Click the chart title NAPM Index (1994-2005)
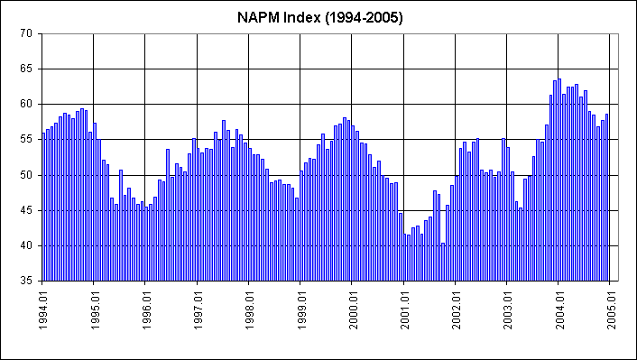point(318,17)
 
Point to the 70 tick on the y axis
point(25,33)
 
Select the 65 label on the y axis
point(25,69)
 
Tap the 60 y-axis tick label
point(25,104)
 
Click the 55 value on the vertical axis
point(25,139)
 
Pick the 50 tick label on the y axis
point(25,174)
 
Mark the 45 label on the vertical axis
point(25,209)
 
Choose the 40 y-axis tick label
point(25,245)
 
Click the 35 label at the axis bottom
point(25,281)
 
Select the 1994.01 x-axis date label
point(42,312)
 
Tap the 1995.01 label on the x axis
point(94,312)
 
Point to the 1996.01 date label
point(145,312)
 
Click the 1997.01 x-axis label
point(197,312)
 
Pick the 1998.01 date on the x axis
point(249,312)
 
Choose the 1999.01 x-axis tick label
point(300,312)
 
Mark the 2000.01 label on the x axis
point(352,312)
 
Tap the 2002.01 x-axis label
point(456,312)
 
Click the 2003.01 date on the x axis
point(507,312)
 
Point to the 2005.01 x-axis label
point(611,312)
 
